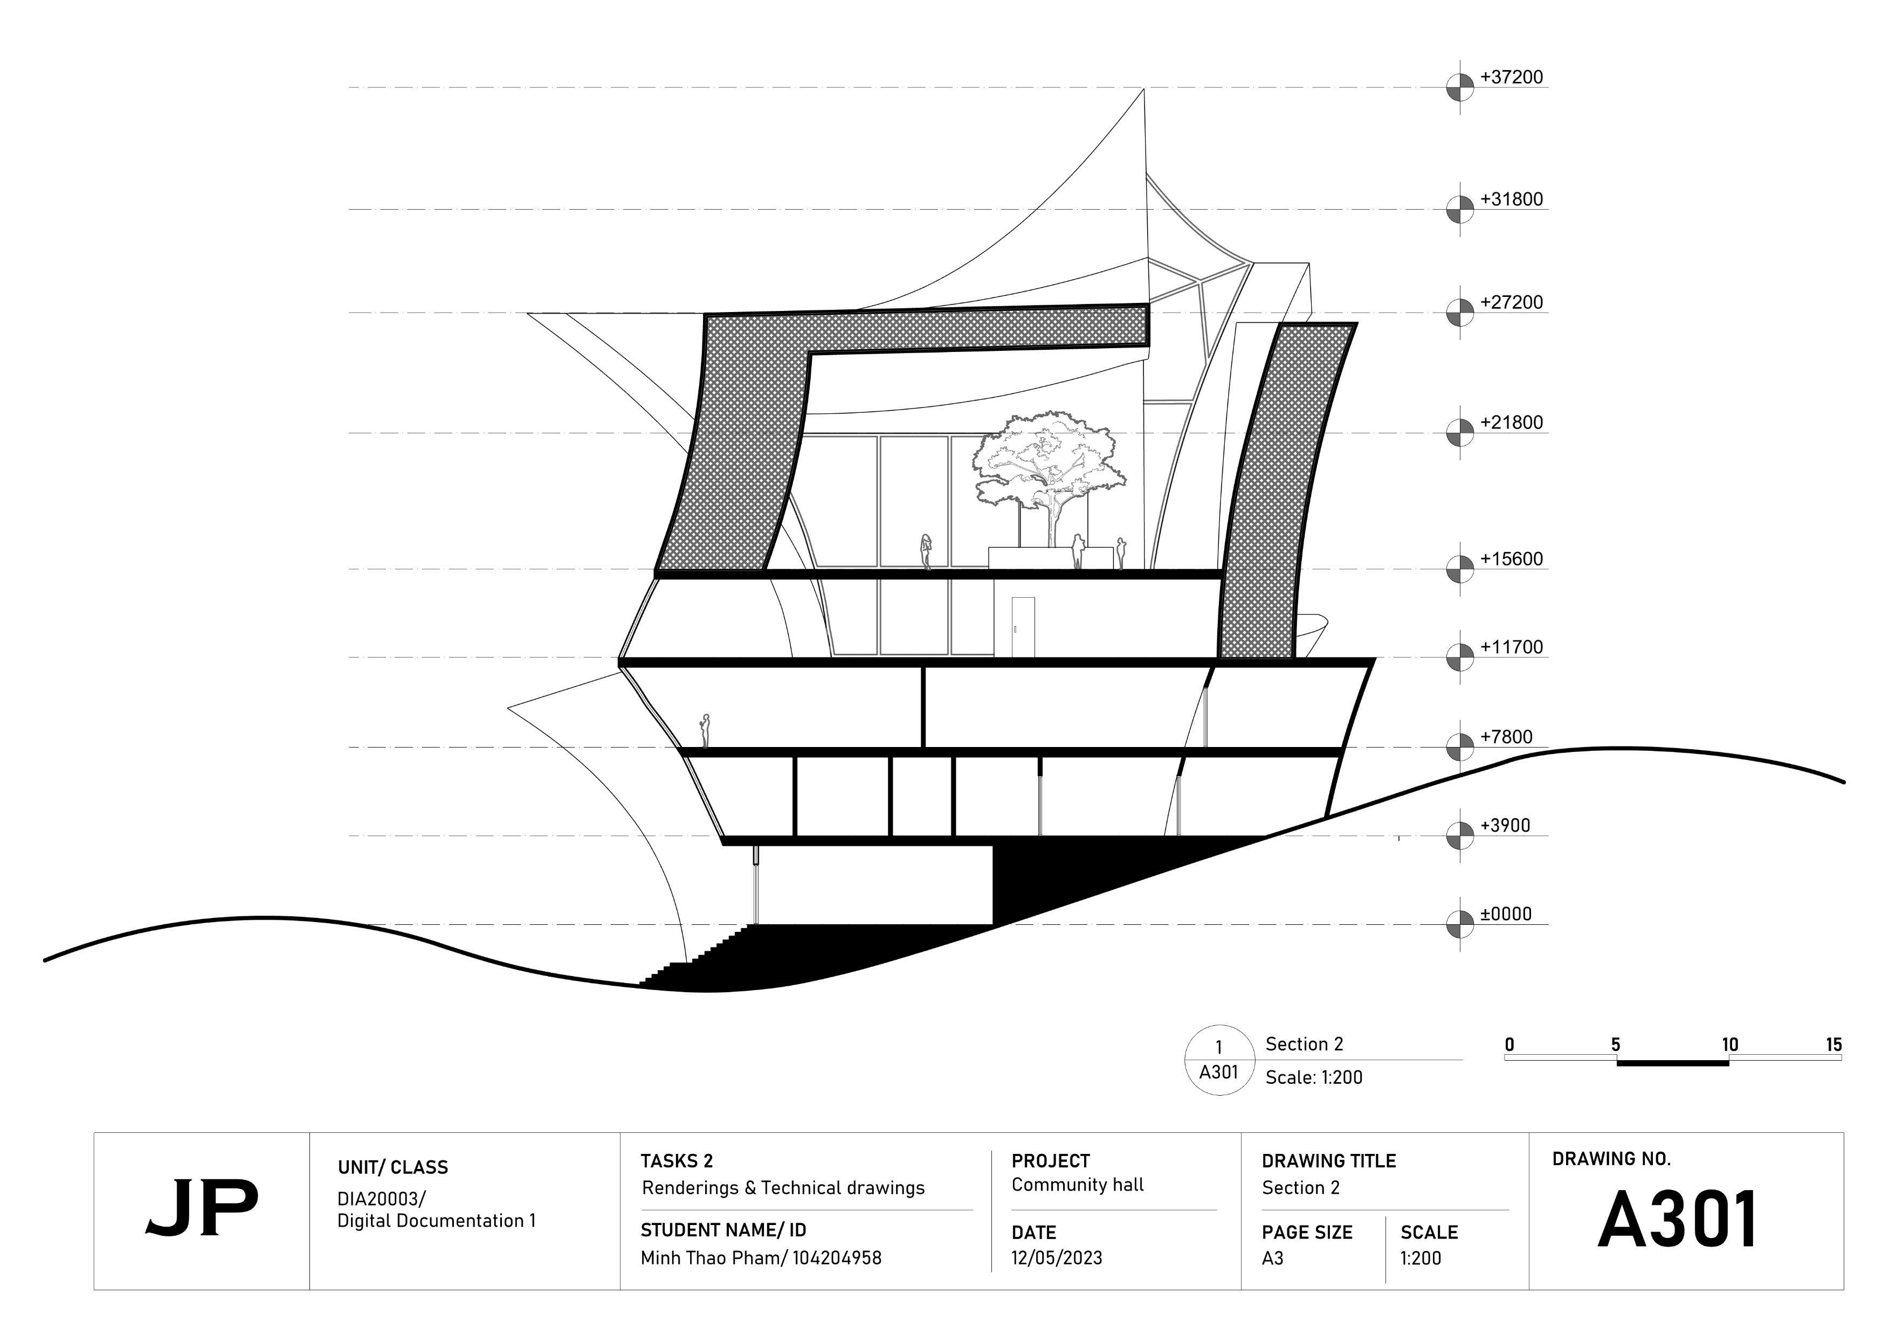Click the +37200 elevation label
coord(1512,77)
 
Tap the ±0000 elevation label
coord(1506,914)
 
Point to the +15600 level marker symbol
coord(1460,569)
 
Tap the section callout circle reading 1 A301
coord(1218,1060)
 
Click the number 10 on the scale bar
coord(1729,1045)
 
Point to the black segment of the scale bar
coord(1673,1063)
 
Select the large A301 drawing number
coord(1678,1220)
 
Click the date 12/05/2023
coord(1057,1258)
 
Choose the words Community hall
coord(1077,1185)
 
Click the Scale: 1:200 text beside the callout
coord(1313,1077)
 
